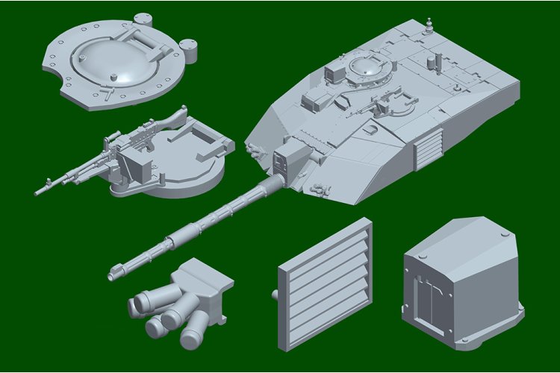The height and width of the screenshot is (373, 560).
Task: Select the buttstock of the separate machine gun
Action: [172, 119]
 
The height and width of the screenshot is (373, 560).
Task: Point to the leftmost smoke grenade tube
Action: [141, 303]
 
